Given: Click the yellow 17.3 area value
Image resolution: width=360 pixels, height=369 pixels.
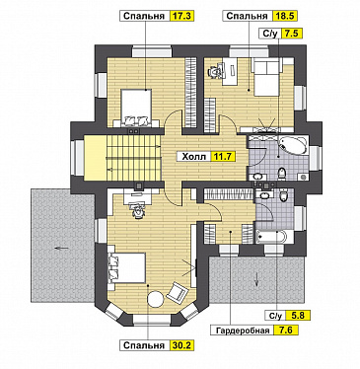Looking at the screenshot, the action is coord(181,16).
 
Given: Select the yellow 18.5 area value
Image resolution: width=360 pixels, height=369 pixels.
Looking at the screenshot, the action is coord(285,16).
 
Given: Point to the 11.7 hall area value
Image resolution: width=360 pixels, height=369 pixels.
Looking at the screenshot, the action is coord(223,157).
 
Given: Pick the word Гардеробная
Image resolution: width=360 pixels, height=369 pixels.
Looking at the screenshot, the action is coord(243,331).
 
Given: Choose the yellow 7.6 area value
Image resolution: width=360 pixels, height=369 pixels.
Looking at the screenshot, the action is coord(286,330).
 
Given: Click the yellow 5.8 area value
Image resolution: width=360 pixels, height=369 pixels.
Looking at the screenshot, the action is coord(298,316).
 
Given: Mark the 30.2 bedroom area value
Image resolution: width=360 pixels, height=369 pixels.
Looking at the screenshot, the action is coord(181,345).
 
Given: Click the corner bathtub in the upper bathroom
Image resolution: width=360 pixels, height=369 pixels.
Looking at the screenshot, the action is coord(294,145).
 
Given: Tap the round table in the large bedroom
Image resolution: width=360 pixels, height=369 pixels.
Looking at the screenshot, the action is coord(156,299).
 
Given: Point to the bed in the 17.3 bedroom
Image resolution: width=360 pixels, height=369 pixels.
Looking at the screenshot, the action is coord(136,107).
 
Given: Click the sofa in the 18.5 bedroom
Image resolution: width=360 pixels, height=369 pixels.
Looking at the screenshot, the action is coord(266,77).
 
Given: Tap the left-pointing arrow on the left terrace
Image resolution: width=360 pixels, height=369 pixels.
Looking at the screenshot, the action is coord(62,248).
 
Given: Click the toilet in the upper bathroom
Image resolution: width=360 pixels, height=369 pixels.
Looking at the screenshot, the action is coord(281,173).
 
